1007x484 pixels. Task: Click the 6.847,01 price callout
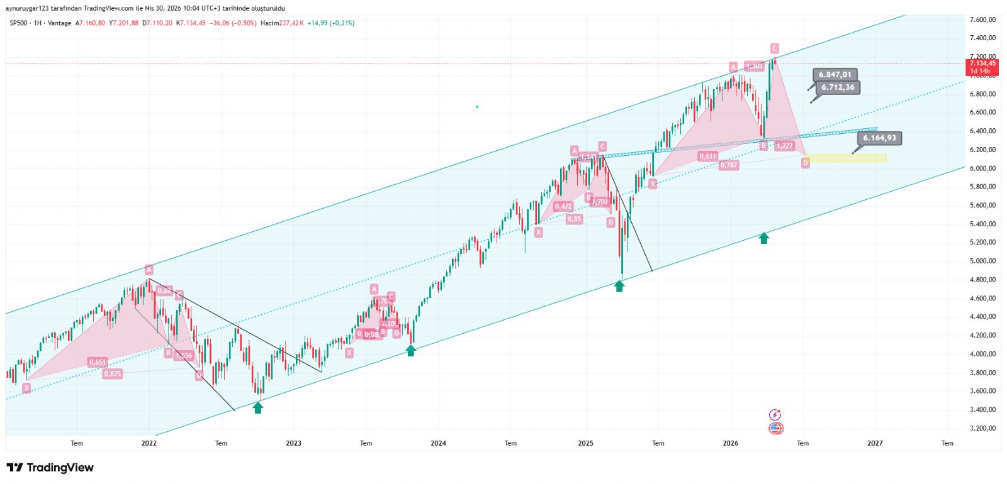[x=835, y=75]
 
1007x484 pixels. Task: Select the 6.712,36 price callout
[x=838, y=87]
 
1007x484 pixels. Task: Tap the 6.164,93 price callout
[x=879, y=138]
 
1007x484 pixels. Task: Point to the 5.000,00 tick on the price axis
[x=982, y=261]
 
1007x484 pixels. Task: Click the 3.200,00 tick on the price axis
[x=982, y=428]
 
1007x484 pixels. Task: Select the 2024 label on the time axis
[x=438, y=443]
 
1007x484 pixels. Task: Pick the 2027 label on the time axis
[x=875, y=443]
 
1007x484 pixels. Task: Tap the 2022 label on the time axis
[x=149, y=443]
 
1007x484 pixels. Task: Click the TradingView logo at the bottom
[x=50, y=468]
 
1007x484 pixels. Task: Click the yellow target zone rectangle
[x=845, y=158]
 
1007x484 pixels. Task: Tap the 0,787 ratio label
[x=729, y=165]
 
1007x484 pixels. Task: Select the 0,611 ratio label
[x=708, y=157]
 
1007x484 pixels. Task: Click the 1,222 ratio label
[x=784, y=146]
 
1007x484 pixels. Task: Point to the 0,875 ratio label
[x=113, y=374]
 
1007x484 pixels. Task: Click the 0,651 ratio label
[x=98, y=363]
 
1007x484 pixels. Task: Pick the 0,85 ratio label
[x=574, y=219]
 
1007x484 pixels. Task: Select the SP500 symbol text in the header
[x=18, y=23]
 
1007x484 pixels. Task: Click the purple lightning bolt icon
[x=775, y=415]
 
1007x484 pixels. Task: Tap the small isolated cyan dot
[x=477, y=107]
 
